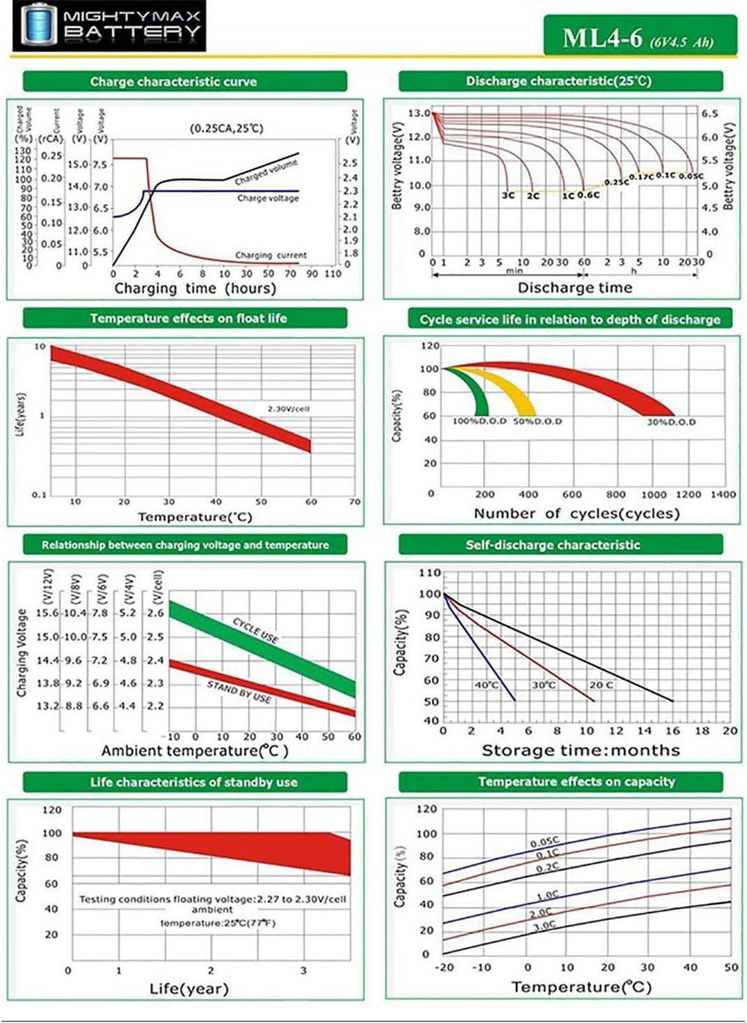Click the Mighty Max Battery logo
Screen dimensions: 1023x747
tap(109, 26)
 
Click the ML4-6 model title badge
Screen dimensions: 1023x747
tap(639, 36)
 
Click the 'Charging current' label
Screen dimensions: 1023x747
tap(270, 256)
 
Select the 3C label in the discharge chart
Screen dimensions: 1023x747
tap(508, 195)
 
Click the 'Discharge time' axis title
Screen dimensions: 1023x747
tap(575, 288)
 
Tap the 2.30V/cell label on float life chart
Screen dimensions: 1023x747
tap(288, 408)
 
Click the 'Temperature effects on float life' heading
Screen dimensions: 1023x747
tap(188, 319)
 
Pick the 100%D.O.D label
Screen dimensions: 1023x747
tap(479, 422)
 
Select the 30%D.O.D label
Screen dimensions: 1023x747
tap(671, 422)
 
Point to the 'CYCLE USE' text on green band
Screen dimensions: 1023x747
tap(256, 630)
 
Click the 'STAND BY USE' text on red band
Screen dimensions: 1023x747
tap(239, 692)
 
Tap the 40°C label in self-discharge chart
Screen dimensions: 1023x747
tap(487, 685)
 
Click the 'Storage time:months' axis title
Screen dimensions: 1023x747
tap(580, 751)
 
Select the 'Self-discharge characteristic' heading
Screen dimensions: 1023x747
tap(553, 545)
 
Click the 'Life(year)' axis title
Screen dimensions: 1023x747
tap(189, 989)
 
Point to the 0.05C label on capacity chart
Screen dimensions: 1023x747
tap(544, 842)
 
